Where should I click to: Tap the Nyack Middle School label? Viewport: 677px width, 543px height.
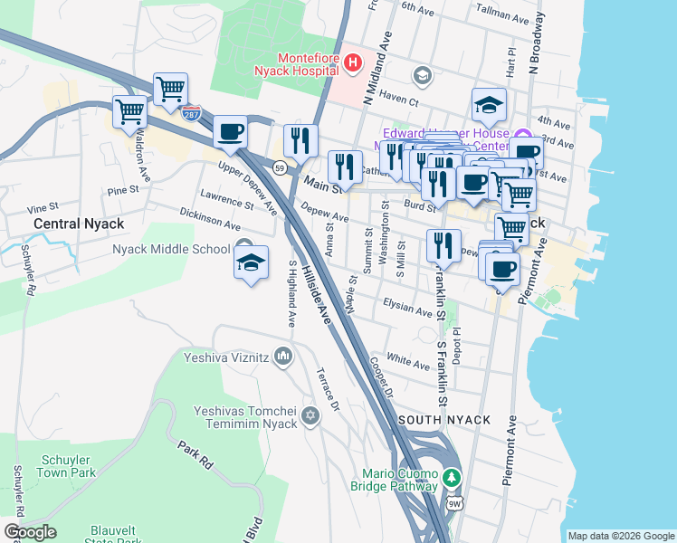pos(171,250)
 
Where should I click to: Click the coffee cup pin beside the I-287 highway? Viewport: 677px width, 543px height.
pos(230,132)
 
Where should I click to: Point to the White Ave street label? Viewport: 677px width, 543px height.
pos(407,363)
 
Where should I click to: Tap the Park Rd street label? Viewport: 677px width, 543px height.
pos(195,455)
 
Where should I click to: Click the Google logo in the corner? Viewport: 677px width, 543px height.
pos(30,532)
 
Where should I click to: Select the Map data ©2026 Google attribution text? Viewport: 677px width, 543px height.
pos(621,536)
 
